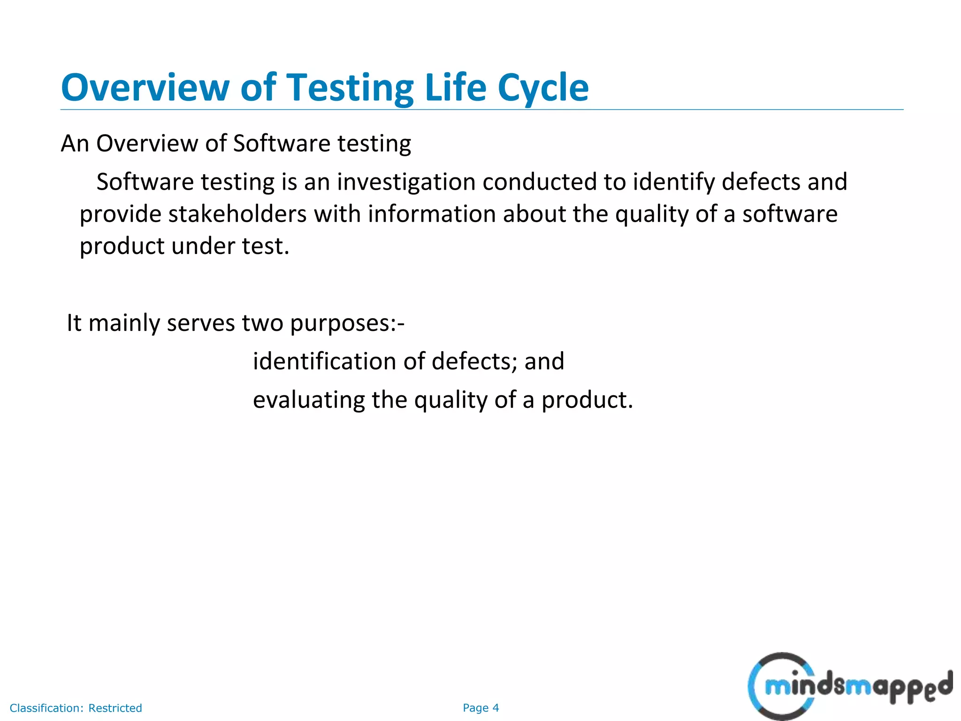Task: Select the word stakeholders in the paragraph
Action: [x=237, y=215]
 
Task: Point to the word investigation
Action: [x=406, y=182]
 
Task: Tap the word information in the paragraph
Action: [x=432, y=215]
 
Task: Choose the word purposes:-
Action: [x=347, y=323]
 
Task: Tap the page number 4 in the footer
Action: [x=496, y=708]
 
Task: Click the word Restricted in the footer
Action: [x=115, y=708]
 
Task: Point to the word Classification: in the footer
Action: [x=46, y=708]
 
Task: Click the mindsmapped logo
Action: [x=849, y=687]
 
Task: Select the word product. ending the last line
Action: [x=587, y=400]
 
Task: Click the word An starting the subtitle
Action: [x=75, y=144]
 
